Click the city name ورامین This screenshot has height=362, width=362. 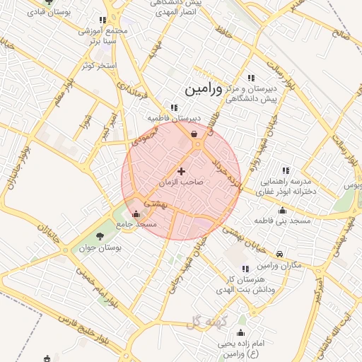tap(203, 90)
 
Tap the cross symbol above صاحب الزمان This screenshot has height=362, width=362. tap(182, 171)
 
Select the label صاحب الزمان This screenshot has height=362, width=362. tap(182, 182)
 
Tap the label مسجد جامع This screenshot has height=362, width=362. tap(139, 223)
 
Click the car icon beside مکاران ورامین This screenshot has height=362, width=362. tap(280, 254)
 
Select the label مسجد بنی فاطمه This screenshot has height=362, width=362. tap(283, 222)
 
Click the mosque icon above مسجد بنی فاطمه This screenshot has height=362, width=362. tap(283, 210)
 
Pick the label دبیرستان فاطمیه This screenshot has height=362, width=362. tap(174, 118)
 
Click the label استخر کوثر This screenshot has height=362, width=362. tap(98, 65)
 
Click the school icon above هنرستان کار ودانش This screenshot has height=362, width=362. tap(245, 269)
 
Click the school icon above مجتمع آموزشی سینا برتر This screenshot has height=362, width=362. tap(103, 21)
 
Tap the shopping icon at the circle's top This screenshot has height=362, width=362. tap(194, 133)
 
